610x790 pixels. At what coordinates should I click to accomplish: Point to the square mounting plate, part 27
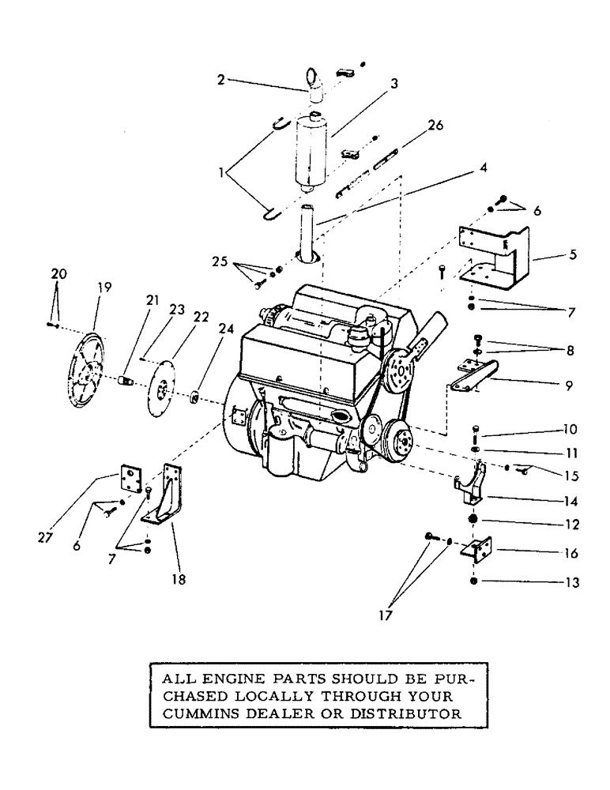point(130,481)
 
